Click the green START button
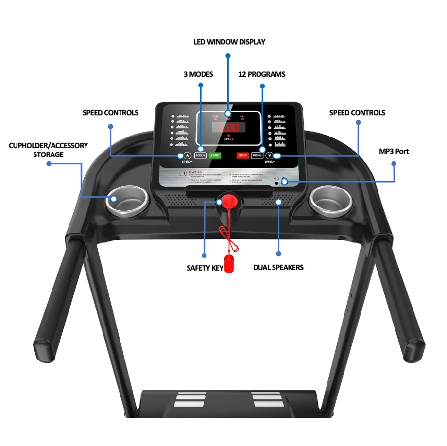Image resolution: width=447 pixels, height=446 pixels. point(215,155)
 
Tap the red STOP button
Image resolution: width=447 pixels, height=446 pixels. point(242,155)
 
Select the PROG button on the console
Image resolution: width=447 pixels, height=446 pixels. point(257,155)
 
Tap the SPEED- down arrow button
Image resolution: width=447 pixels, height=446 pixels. point(270,155)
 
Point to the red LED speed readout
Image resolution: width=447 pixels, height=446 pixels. point(228,128)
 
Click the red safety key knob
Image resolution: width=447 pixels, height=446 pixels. point(227,201)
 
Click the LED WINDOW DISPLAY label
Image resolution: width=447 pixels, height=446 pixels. point(229,42)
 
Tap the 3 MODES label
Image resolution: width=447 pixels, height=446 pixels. point(198,74)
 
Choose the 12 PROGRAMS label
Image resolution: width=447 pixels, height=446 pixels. point(261,74)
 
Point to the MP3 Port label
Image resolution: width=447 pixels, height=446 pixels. point(394,151)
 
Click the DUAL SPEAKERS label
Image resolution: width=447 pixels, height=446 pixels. point(278,268)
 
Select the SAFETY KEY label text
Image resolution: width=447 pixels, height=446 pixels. point(205,268)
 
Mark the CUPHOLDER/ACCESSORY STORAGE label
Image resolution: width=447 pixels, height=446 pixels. point(49,150)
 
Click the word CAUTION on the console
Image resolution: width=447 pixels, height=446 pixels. point(195,172)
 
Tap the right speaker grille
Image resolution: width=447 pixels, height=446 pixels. point(275,201)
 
